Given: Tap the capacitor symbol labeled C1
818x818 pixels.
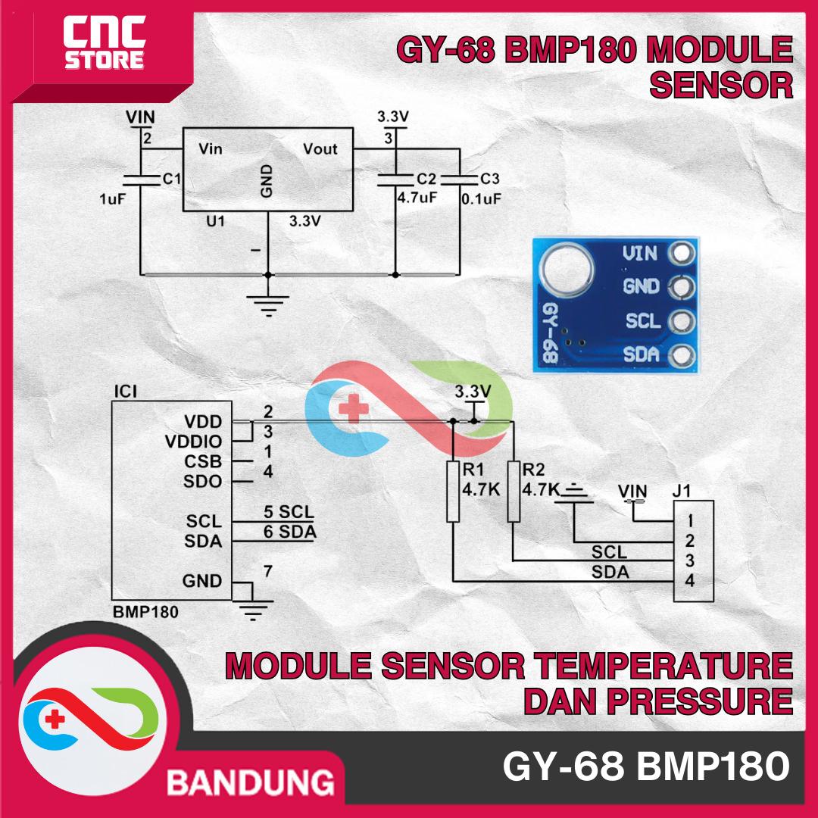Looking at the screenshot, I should (142, 180).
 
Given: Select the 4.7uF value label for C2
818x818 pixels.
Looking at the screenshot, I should (417, 198).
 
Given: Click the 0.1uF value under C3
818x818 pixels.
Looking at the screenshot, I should (482, 198).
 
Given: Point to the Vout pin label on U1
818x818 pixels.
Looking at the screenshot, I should (320, 149).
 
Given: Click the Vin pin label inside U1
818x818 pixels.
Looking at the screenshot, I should (211, 149).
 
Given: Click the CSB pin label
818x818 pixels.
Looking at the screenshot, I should (203, 461).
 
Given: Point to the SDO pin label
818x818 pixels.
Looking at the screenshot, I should (202, 482).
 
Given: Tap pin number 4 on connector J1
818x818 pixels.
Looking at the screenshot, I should (690, 582).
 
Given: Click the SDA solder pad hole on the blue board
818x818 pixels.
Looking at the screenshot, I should (683, 354).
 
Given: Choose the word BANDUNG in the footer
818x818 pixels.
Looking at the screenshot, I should (250, 781).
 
